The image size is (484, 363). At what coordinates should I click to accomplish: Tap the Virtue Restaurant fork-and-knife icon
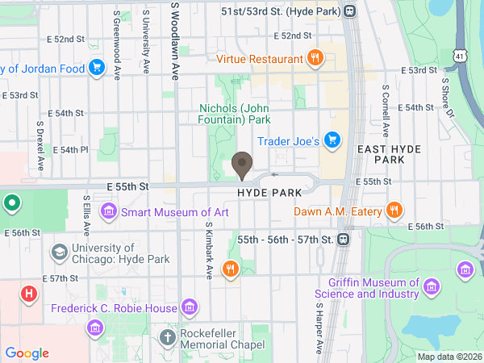(x=315, y=58)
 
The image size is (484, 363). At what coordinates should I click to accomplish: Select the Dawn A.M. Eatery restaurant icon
(x=394, y=211)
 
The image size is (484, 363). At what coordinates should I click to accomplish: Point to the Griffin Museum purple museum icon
(x=432, y=287)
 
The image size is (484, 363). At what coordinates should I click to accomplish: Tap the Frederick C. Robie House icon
(x=190, y=307)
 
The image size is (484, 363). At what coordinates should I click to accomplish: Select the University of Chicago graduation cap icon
(x=59, y=252)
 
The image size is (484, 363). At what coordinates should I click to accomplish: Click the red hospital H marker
(x=29, y=294)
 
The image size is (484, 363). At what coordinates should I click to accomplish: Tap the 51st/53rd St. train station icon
(x=349, y=11)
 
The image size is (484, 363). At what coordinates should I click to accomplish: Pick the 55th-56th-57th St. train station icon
(x=344, y=240)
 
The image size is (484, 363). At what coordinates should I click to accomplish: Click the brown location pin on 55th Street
(x=241, y=165)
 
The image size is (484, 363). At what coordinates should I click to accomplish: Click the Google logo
(x=27, y=353)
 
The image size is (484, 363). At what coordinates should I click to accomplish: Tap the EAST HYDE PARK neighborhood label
(x=381, y=154)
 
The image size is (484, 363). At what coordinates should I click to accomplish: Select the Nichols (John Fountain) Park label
(x=235, y=114)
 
